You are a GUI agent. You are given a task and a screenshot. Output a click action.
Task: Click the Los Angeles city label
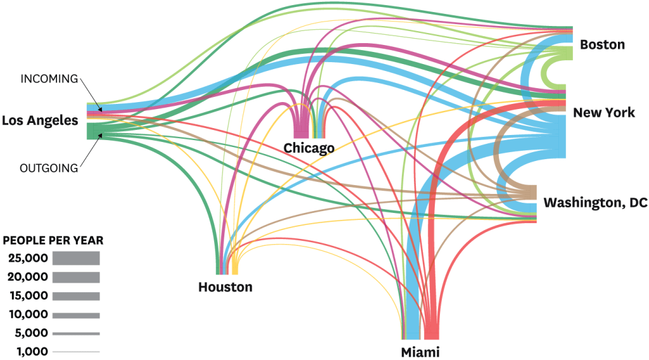point(40,120)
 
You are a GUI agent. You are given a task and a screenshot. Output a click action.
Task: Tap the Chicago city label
point(309,148)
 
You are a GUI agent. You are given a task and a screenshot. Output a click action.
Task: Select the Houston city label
point(225,287)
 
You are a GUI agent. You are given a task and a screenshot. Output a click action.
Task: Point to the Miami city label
point(420,352)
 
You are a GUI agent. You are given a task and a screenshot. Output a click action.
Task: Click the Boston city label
point(602,45)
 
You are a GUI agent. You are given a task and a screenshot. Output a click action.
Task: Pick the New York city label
point(603,113)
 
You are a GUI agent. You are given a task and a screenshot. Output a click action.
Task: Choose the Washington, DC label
point(594,203)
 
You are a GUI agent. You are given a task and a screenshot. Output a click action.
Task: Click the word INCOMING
point(49,79)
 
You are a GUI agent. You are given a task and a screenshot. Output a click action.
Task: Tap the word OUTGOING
point(49,168)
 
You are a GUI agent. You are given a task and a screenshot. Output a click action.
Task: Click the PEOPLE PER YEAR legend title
point(53,241)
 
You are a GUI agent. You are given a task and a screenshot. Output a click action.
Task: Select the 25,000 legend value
point(28,259)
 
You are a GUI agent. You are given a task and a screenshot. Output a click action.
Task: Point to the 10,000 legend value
point(28,314)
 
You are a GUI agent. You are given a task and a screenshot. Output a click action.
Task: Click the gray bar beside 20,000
point(76,277)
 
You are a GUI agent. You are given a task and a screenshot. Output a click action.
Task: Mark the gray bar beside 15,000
point(76,296)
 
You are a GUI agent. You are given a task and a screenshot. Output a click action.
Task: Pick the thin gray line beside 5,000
point(76,333)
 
